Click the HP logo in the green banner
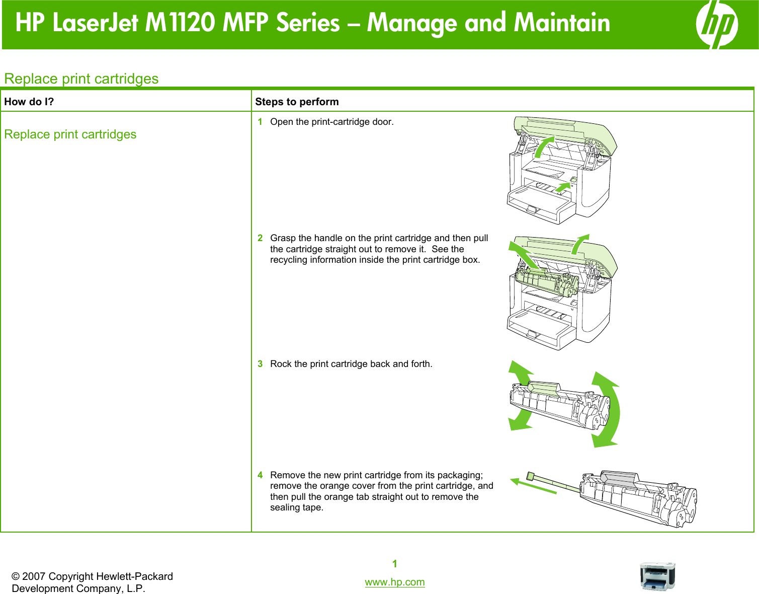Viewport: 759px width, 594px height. (717, 24)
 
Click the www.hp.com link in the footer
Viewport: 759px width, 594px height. (394, 582)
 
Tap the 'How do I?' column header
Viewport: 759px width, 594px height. (29, 102)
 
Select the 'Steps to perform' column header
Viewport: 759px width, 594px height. (297, 102)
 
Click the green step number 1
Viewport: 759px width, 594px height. (260, 122)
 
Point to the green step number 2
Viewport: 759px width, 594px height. (260, 238)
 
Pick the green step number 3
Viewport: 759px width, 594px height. (260, 364)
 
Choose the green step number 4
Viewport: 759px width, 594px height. (260, 475)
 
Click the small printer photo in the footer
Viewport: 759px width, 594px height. (657, 576)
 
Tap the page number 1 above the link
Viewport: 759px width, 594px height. (395, 564)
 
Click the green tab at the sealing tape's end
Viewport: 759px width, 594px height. (530, 476)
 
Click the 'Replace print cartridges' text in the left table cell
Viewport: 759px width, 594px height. (70, 134)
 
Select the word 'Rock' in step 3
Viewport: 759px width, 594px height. (280, 364)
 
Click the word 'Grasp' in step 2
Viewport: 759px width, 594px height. (283, 238)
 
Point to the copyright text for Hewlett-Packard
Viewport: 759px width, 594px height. (92, 582)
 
